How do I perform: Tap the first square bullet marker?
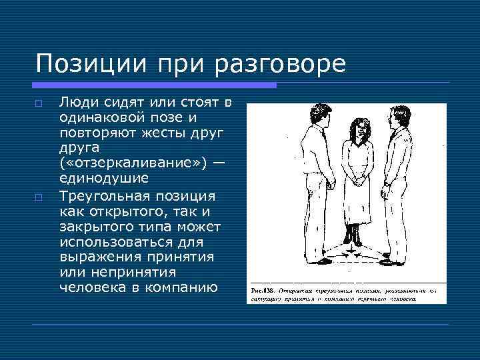pos(39,105)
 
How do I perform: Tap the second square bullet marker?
pos(39,197)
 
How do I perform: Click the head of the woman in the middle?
pos(355,131)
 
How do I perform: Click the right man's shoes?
pos(396,260)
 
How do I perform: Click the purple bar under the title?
pos(154,85)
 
